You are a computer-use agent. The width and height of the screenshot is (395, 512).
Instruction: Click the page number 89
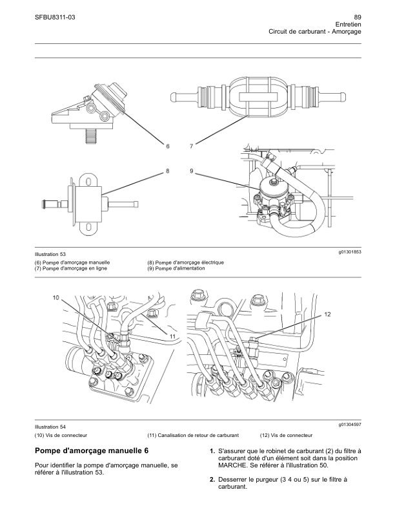(x=357, y=17)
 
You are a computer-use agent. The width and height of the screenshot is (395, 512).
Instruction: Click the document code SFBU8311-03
(x=55, y=17)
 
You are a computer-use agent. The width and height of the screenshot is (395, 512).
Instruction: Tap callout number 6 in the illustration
(x=168, y=146)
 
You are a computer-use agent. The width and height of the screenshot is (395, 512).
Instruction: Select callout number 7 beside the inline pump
(x=192, y=146)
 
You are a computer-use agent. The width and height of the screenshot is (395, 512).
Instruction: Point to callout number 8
(x=168, y=171)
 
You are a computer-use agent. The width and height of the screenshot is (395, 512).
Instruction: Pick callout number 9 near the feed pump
(x=192, y=171)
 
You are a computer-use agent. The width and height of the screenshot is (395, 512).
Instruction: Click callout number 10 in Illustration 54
(x=56, y=297)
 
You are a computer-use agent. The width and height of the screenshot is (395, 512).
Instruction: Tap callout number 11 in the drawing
(x=173, y=336)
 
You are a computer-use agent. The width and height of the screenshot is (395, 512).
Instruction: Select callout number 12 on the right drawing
(x=327, y=314)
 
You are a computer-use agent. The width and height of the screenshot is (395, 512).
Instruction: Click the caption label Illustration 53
(x=50, y=254)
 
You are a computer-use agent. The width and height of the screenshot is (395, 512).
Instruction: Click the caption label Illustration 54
(x=50, y=427)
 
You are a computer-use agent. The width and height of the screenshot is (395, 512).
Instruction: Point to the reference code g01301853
(x=350, y=252)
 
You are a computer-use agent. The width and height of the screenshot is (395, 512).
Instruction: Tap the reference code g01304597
(x=350, y=425)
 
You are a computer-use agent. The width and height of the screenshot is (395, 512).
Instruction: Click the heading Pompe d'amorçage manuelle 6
(x=92, y=451)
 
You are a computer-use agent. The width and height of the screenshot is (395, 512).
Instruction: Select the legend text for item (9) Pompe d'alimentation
(x=176, y=268)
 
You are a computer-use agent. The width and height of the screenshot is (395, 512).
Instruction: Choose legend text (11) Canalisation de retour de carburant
(x=193, y=435)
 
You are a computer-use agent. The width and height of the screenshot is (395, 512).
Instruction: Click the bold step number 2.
(x=212, y=480)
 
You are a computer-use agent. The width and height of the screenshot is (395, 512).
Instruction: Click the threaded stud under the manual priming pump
(x=92, y=136)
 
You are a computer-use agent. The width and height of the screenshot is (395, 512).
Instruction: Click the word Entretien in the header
(x=348, y=25)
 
